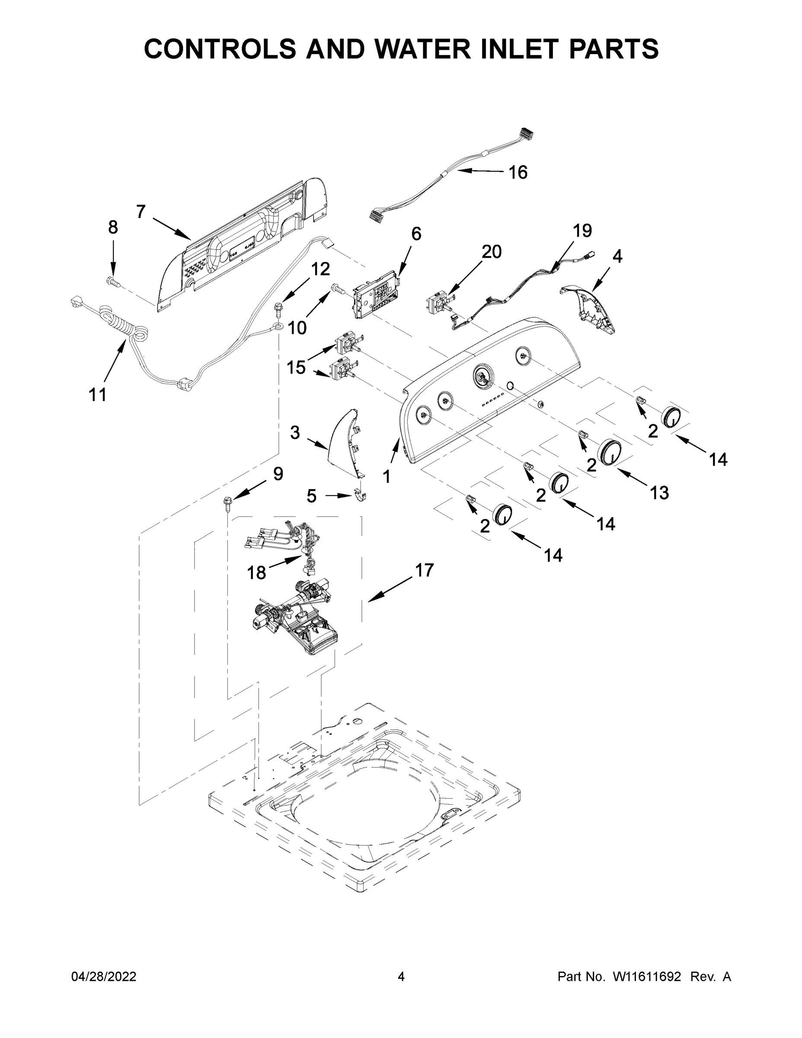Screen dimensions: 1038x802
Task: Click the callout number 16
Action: pos(518,173)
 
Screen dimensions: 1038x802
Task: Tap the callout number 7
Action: pos(141,211)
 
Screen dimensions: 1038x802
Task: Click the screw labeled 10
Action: pos(338,288)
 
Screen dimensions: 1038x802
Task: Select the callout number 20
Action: pos(491,252)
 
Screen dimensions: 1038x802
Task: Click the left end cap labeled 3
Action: pos(345,442)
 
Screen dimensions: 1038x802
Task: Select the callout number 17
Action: pos(424,570)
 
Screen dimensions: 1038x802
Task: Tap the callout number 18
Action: pos(256,573)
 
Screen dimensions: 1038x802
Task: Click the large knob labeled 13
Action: pos(610,452)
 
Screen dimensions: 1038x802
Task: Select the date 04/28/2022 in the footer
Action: pos(104,977)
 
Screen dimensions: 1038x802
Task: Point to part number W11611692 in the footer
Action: pos(647,977)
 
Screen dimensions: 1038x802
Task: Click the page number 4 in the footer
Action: pos(401,977)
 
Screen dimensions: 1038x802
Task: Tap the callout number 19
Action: pos(582,231)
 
